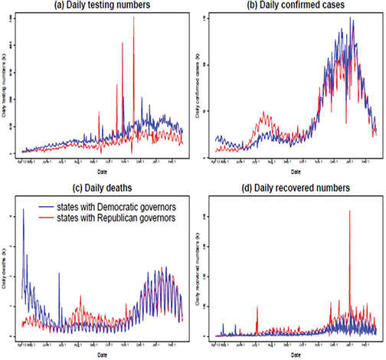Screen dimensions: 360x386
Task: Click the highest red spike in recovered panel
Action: [x=349, y=211]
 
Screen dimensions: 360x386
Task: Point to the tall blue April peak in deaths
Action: [x=23, y=210]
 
